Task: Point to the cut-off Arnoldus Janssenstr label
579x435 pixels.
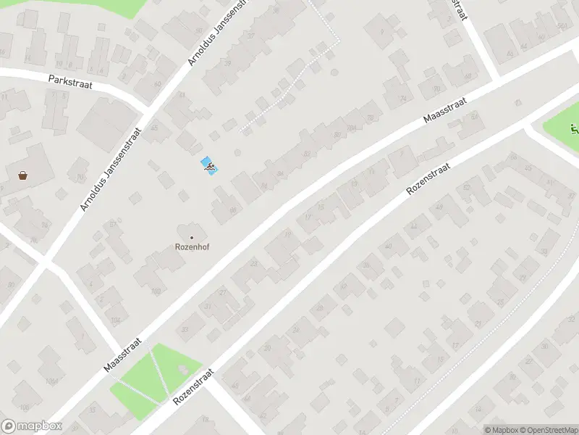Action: click(218, 33)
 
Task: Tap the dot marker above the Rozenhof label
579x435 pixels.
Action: click(192, 237)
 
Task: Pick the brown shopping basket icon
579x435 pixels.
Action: click(23, 175)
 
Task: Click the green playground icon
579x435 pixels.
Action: click(575, 130)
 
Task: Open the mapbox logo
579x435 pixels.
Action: click(32, 426)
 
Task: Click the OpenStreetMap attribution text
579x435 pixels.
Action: click(549, 430)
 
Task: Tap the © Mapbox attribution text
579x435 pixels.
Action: click(501, 430)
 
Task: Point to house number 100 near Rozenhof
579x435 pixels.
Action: click(156, 291)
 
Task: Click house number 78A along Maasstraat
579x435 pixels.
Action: click(352, 128)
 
